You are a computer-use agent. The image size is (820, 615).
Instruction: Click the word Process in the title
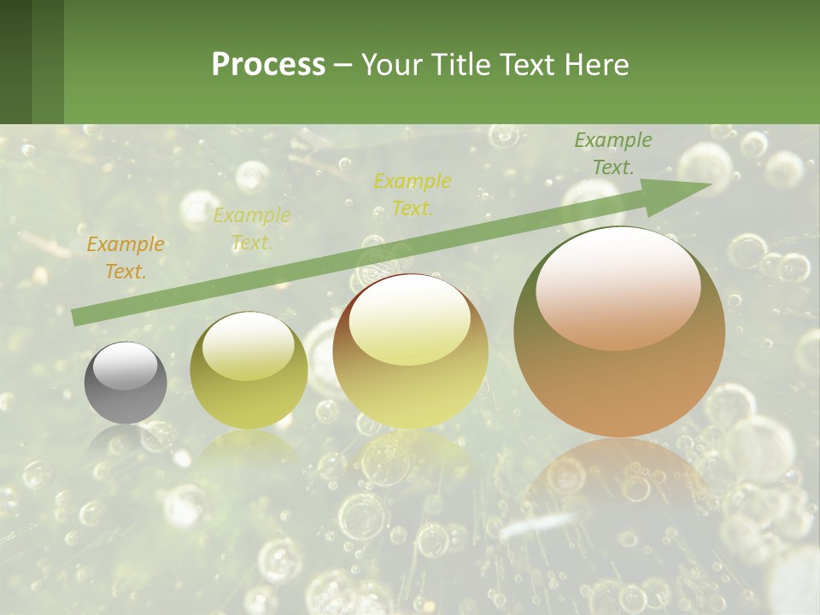coord(268,65)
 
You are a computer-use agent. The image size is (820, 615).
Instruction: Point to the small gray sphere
coord(126,383)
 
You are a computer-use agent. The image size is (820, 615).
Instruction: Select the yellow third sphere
coord(410,352)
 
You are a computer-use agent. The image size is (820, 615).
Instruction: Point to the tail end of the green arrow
coord(79,317)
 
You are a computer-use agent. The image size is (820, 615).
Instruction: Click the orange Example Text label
coord(126,258)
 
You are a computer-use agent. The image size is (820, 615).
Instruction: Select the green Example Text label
coord(613,154)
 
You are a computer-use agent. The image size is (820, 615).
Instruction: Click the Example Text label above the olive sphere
coord(252,229)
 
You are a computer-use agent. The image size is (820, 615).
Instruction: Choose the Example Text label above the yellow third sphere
coord(413,194)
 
